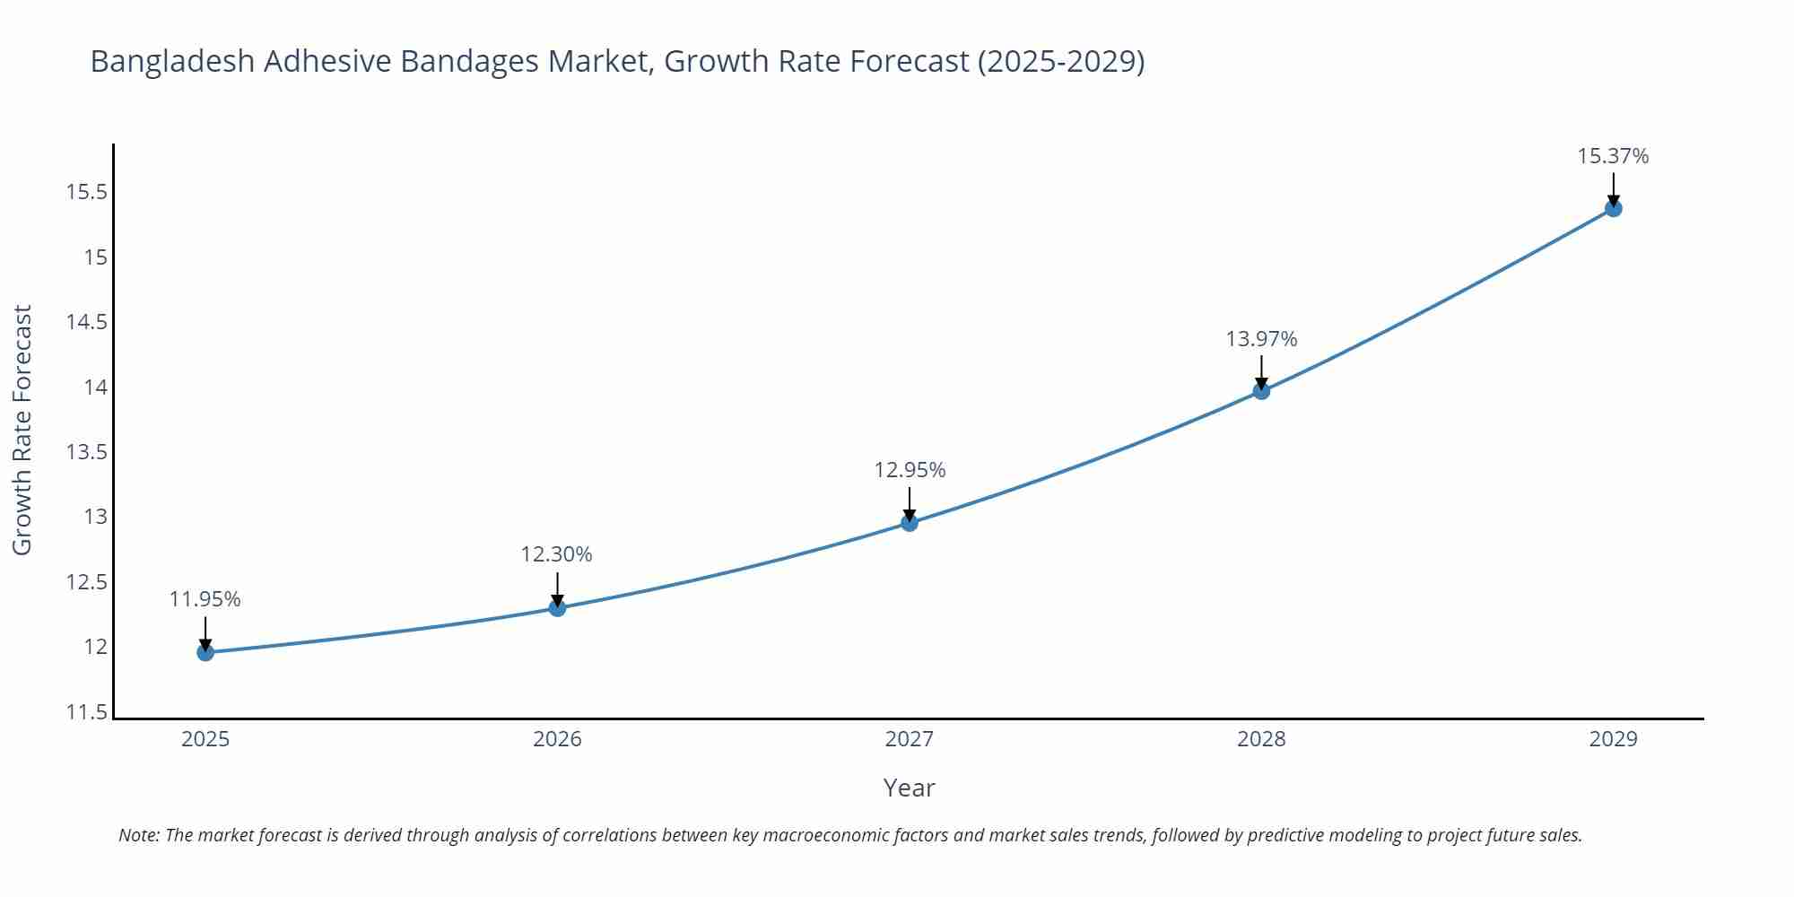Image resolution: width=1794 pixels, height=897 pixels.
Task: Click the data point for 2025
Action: tap(205, 652)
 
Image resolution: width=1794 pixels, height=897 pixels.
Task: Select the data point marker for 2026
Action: tap(557, 608)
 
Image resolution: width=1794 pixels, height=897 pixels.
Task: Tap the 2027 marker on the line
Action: tap(910, 523)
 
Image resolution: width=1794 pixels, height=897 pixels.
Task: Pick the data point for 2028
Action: tap(1261, 391)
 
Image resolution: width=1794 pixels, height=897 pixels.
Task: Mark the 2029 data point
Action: tap(1613, 209)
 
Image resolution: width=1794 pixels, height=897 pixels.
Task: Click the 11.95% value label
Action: tap(205, 599)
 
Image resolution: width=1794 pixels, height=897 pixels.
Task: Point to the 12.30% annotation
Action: tap(556, 554)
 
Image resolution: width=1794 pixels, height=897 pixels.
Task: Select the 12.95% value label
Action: tap(910, 470)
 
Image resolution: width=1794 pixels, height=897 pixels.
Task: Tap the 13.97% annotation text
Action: tap(1261, 339)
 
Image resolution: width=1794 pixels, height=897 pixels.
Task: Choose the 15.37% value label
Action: tap(1613, 156)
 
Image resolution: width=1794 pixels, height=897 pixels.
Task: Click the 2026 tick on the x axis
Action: tap(557, 739)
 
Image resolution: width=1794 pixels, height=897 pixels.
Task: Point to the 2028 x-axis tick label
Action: tap(1261, 739)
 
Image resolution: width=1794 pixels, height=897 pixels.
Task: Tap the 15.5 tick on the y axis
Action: tap(86, 192)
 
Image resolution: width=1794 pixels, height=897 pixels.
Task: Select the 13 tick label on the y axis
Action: tap(95, 517)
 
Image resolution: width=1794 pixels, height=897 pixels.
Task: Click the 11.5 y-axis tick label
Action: tap(86, 712)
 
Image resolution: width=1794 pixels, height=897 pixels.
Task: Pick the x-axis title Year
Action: tap(909, 788)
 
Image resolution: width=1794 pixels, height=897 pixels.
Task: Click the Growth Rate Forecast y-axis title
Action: tap(22, 430)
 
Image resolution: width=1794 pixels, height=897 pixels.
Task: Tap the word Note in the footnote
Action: tap(138, 835)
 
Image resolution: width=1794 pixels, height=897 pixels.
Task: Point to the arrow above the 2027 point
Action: tap(910, 503)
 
